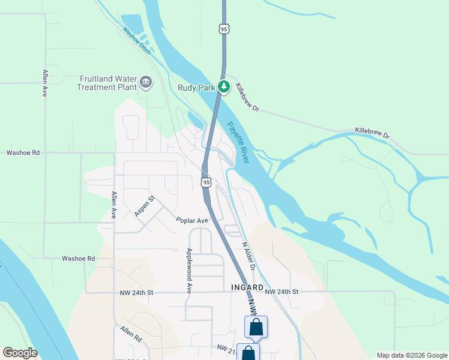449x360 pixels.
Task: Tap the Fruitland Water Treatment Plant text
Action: [106, 83]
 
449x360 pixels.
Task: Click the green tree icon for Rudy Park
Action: [224, 87]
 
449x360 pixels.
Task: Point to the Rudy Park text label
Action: [196, 87]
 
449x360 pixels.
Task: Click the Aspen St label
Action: [145, 205]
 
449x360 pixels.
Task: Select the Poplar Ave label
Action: [191, 220]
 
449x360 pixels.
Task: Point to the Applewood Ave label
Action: [188, 270]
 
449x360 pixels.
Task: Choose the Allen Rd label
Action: [130, 334]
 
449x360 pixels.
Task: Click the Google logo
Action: [20, 353]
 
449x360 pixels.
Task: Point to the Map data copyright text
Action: [411, 355]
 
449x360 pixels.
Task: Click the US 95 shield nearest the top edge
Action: [223, 29]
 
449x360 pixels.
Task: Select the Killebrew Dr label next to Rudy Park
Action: [247, 97]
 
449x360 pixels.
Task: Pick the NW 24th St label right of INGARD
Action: [282, 292]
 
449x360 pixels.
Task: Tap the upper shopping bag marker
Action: [256, 328]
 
